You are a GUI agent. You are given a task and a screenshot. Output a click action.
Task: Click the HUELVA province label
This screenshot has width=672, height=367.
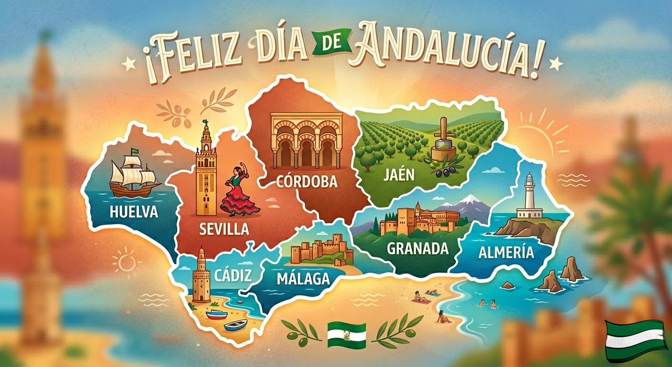coord(134,212)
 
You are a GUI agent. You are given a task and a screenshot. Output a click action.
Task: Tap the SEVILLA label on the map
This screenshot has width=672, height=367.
coord(224,229)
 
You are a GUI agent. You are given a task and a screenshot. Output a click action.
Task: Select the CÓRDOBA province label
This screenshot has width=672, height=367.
coord(307,182)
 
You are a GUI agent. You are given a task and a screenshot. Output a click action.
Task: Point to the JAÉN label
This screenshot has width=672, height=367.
coord(399,175)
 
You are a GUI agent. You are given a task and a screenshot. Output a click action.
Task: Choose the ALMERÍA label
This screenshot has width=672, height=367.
coord(506,253)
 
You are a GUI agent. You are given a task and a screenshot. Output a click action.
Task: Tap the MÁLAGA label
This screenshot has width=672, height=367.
coord(303,278)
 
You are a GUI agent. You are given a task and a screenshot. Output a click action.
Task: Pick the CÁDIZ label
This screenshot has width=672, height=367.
coord(231,275)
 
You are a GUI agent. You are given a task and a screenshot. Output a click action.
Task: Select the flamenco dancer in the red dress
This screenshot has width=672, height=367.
coord(239,191)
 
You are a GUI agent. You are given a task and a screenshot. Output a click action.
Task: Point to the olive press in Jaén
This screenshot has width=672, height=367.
coord(443,142)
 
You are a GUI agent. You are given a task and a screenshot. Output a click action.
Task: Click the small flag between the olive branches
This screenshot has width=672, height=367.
coord(346,335)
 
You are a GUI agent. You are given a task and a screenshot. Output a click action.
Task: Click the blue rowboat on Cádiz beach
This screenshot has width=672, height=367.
coord(236,326)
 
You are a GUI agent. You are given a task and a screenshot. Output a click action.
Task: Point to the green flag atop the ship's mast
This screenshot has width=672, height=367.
coord(134,151)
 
